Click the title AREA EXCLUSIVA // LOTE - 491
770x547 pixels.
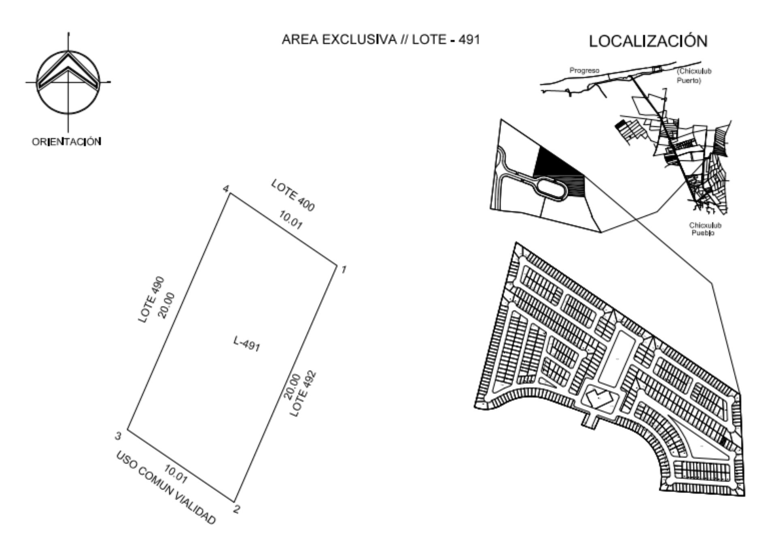tap(381, 40)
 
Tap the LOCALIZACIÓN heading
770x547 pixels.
tap(648, 41)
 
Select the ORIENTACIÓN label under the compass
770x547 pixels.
tap(66, 141)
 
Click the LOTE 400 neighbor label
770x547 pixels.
tap(293, 195)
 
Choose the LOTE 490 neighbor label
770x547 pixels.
tap(151, 299)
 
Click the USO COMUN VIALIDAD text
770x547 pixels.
tap(166, 487)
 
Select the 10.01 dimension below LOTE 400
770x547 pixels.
tap(290, 220)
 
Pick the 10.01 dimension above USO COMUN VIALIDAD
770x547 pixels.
tap(175, 474)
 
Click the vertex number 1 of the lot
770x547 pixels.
tap(344, 269)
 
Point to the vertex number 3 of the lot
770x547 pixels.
tap(118, 436)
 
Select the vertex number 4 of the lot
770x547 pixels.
tap(226, 189)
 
